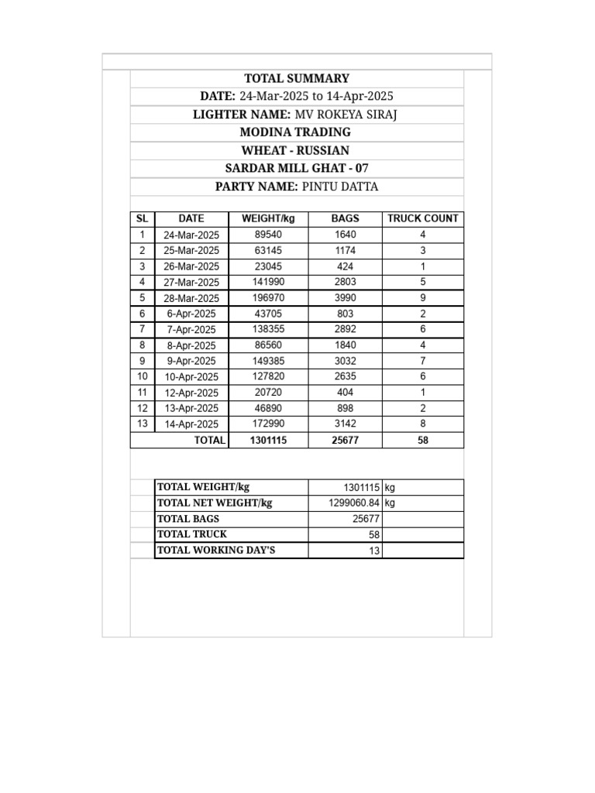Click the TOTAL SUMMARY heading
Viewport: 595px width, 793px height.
(297, 78)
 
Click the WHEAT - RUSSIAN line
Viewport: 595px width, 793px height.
(297, 150)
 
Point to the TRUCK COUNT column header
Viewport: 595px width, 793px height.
(423, 219)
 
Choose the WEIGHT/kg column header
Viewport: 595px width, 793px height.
(268, 219)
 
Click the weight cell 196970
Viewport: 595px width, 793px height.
(268, 298)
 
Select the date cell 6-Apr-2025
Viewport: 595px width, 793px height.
(191, 314)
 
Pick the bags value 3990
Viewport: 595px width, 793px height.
(346, 298)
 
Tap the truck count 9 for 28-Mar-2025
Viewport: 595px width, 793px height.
(423, 298)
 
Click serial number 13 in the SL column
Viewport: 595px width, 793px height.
(143, 424)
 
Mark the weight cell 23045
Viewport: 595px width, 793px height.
(268, 266)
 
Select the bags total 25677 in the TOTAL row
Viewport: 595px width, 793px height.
(346, 441)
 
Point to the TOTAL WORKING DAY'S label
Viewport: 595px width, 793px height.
(216, 551)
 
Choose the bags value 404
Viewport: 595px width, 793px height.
(346, 393)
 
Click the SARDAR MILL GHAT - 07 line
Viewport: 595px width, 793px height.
(297, 168)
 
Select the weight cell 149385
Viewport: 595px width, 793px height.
(268, 361)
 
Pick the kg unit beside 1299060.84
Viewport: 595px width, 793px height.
(390, 503)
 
